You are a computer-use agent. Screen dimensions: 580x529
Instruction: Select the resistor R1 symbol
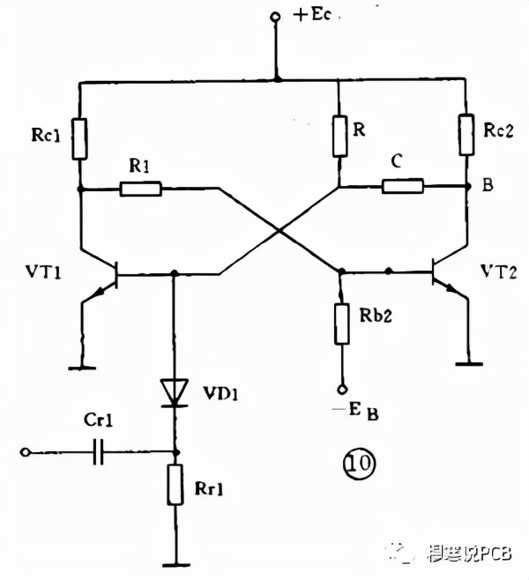(x=141, y=188)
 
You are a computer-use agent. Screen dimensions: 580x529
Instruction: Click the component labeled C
(x=403, y=185)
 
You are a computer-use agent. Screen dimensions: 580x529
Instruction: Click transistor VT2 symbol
(x=441, y=274)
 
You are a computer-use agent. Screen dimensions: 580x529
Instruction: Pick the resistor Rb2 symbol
(x=340, y=323)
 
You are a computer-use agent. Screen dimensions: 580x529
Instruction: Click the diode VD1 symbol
(x=173, y=390)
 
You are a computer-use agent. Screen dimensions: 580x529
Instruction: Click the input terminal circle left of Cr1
(x=27, y=453)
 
